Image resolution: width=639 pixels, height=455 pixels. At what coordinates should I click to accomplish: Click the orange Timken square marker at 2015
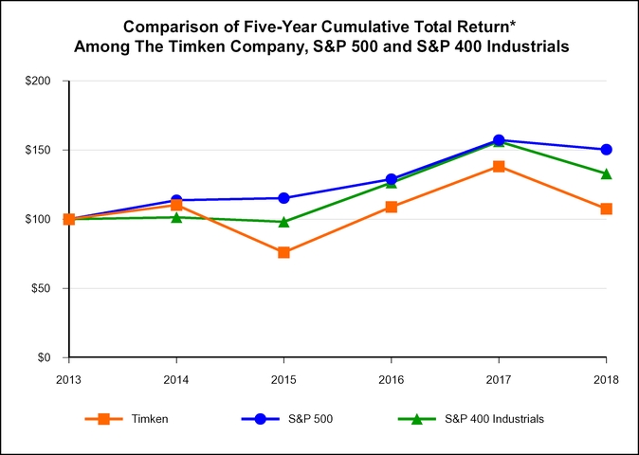coord(283,252)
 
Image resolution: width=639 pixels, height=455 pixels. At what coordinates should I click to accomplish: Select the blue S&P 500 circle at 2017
coord(499,140)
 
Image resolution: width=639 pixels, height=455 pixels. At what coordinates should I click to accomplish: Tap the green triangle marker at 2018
coord(606,173)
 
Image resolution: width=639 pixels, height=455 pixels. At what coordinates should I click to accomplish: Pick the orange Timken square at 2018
coord(606,209)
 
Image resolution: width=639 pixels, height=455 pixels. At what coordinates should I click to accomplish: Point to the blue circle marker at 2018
coord(606,150)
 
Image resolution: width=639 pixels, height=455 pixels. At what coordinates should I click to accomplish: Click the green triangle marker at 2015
coord(283,222)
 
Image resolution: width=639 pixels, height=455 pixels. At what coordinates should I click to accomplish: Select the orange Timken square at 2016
coord(392,207)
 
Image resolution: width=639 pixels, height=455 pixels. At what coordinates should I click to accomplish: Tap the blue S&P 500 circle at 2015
coord(283,198)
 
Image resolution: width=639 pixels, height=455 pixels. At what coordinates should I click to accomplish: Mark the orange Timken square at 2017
coord(499,167)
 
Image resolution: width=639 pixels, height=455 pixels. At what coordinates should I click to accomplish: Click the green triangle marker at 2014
coord(176,217)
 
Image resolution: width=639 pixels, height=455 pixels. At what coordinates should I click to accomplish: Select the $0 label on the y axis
coord(45,357)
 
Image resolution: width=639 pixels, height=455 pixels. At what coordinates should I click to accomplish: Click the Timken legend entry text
coord(151,418)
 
